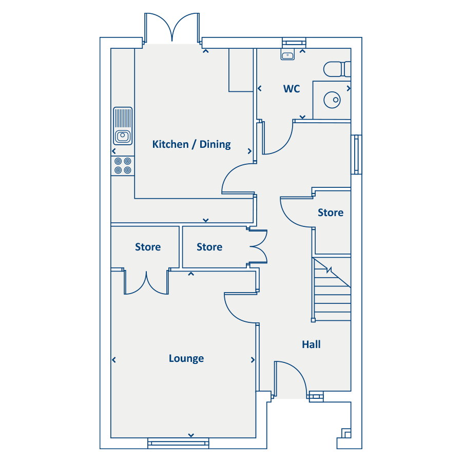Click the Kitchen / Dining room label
pos(191,144)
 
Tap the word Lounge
pos(186,358)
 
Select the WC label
pos(292,89)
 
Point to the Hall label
pos(311,344)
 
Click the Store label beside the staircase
pos(331,213)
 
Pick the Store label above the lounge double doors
pos(148,247)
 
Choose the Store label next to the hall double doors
pos(209,247)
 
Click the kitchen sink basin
pos(123,136)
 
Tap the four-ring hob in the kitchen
pos(123,166)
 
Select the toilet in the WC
pos(337,69)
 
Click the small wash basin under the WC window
pos(287,55)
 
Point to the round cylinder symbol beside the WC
pos(332,100)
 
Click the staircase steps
pos(332,290)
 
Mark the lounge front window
pos(178,443)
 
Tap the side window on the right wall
pos(356,155)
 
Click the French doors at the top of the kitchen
pos(172,29)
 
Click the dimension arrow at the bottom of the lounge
pos(191,435)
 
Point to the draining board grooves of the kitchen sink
pos(123,118)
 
